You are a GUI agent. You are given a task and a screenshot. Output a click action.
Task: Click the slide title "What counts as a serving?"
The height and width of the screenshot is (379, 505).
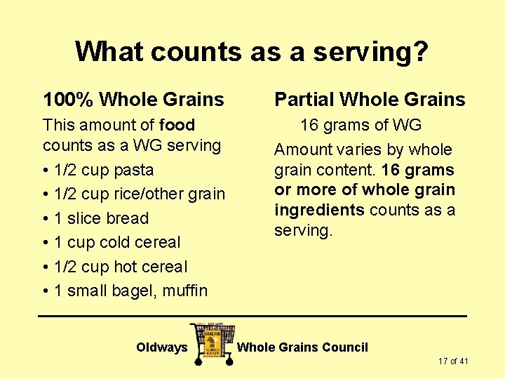[251, 51]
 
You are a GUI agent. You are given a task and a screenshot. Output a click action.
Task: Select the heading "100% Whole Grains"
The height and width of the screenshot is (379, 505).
[133, 100]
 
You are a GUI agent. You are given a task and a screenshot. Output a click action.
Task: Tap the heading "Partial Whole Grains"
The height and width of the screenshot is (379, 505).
[370, 100]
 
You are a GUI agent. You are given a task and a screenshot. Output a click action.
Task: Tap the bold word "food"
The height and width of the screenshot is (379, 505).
[177, 125]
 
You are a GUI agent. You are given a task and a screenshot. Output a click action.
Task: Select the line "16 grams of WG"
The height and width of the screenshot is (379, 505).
[361, 125]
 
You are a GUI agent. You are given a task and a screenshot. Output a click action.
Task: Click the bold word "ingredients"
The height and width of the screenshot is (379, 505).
[319, 210]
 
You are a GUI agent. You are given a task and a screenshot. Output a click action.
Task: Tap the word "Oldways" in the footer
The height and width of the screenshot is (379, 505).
[162, 347]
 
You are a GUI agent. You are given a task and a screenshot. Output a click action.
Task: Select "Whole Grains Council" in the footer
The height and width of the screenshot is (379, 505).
[302, 347]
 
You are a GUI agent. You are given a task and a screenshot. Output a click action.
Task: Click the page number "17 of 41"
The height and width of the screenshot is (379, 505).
[453, 361]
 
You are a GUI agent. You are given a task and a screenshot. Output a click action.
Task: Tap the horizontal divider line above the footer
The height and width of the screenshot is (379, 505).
[252, 317]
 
